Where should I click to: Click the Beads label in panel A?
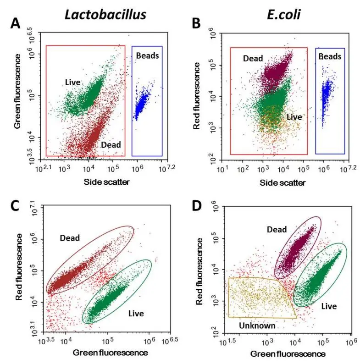pos(148,55)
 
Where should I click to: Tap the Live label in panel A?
pos(73,83)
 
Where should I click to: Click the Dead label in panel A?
pos(111,145)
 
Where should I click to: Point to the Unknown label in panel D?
pos(257,325)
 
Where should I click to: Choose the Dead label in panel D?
pos(277,230)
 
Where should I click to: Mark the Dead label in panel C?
pos(70,238)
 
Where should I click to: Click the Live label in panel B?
pos(294,117)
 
